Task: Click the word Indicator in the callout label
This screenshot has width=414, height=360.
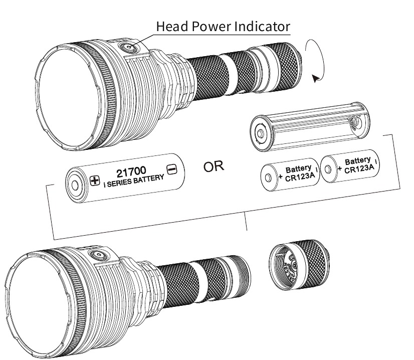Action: (x=263, y=26)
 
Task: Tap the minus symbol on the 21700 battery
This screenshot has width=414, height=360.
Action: (x=171, y=169)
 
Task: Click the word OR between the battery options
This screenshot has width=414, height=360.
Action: (x=214, y=166)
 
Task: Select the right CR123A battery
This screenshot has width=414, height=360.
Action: (x=349, y=166)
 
